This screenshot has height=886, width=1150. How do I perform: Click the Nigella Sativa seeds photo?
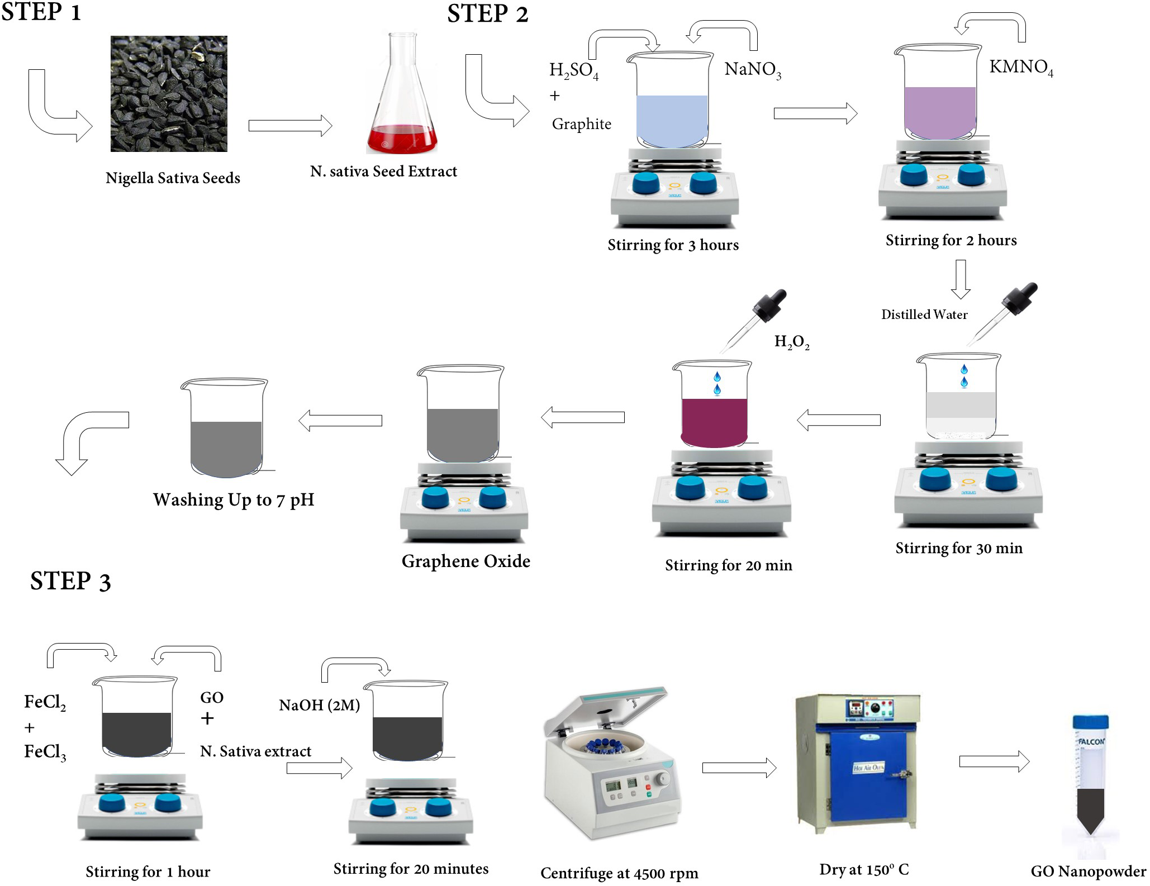coord(169,94)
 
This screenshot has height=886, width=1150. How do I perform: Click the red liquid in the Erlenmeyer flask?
coord(401,139)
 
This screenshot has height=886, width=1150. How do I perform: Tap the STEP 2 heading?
coord(487,14)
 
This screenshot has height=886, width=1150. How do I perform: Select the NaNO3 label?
coord(752,69)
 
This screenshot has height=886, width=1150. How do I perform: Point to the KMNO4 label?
coord(1020,67)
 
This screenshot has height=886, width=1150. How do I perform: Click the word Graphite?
coord(581,124)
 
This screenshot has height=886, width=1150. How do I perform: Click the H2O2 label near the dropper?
coord(791,342)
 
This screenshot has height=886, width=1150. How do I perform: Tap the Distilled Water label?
coord(924,315)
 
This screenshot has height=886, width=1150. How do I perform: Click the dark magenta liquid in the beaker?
coord(714,422)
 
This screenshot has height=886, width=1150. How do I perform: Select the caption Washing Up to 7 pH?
coord(234,499)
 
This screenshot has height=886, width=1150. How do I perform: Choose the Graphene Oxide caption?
coord(465,561)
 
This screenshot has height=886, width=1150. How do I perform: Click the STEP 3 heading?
coord(70,581)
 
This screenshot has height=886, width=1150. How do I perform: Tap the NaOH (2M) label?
coord(319,705)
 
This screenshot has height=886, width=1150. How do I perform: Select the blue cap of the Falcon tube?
coord(1090,721)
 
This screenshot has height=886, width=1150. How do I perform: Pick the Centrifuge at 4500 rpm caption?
coord(619,873)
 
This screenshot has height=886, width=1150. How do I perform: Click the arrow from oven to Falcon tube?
coord(994,761)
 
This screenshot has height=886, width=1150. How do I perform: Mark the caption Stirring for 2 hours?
coord(951,240)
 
